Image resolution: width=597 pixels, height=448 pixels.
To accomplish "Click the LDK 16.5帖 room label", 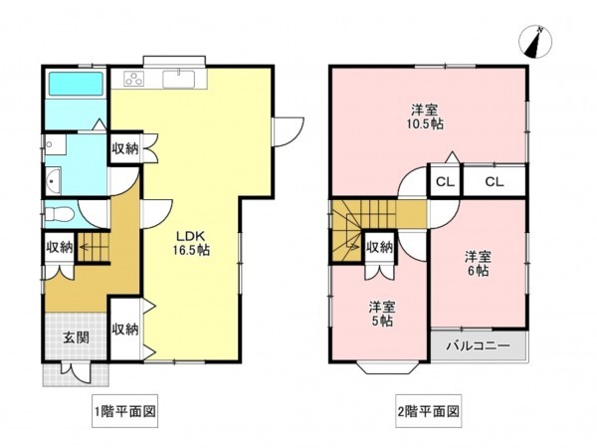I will [x=191, y=243].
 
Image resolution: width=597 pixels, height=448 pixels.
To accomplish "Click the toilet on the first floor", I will [x=60, y=213].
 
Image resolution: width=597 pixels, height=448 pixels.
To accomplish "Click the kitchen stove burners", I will [x=132, y=80].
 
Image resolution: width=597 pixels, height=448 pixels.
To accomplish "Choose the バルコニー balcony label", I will [x=478, y=346].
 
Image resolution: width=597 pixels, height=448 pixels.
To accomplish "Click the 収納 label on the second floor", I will [x=379, y=247].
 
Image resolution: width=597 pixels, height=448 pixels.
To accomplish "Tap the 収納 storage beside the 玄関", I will [x=124, y=330].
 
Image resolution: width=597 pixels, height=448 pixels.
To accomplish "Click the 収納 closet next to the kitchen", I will [x=123, y=150].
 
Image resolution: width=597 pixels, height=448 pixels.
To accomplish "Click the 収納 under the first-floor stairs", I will [x=59, y=247].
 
